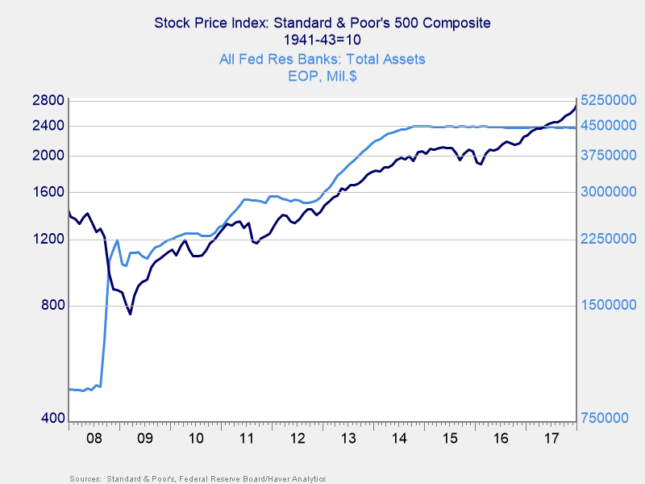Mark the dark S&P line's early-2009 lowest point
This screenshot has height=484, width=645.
[x=130, y=313]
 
